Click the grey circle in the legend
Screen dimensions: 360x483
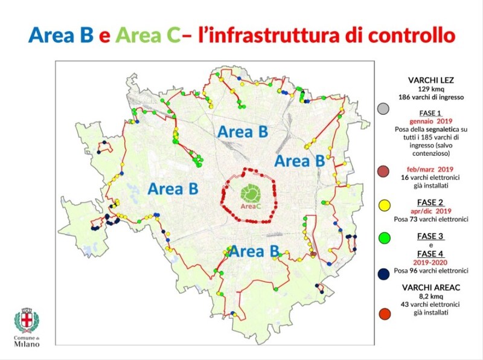pyautogui.click(x=382, y=109)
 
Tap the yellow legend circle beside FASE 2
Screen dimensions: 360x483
pyautogui.click(x=382, y=207)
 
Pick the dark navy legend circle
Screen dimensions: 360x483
pyautogui.click(x=382, y=274)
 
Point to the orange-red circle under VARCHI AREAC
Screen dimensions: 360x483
pyautogui.click(x=382, y=313)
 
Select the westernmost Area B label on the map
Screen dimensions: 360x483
pyautogui.click(x=173, y=188)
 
